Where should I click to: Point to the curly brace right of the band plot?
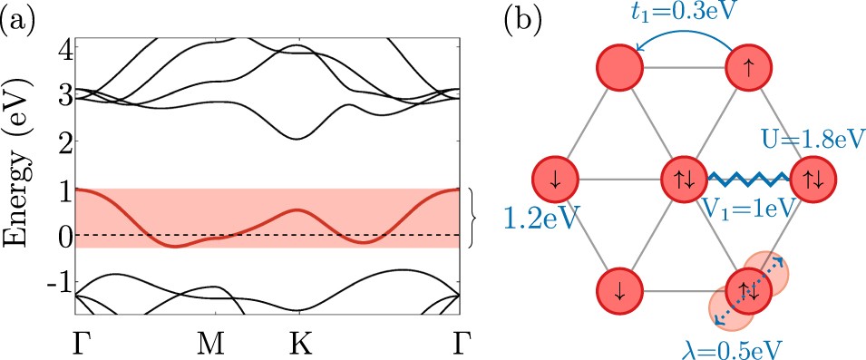click(474, 218)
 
